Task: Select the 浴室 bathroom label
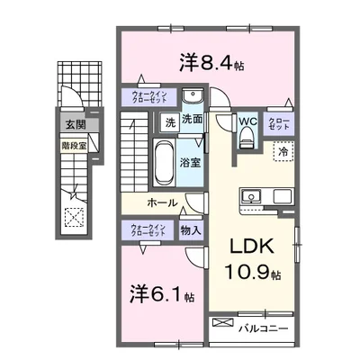pos(190,163)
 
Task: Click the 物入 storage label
pos(190,230)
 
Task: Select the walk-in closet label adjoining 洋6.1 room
pos(148,229)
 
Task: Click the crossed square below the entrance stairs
pos(74,216)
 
